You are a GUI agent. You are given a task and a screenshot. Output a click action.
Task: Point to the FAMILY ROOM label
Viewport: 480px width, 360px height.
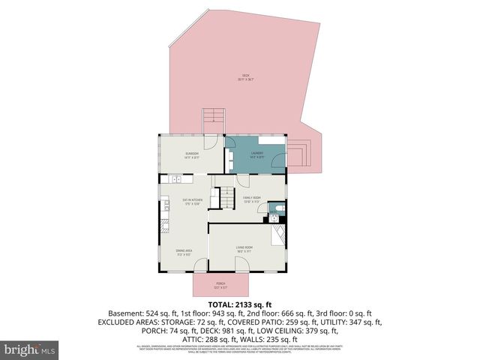coord(251,199)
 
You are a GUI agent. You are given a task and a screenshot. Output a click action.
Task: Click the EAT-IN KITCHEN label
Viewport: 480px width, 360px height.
coord(193,201)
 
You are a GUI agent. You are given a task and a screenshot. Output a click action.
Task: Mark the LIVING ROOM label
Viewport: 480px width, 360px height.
coord(244,248)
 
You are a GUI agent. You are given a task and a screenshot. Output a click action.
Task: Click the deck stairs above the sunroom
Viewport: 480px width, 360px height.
coord(214,118)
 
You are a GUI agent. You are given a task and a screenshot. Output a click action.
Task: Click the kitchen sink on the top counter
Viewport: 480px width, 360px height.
coord(176,178)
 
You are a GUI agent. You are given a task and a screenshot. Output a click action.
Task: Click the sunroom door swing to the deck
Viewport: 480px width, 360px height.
coord(211,142)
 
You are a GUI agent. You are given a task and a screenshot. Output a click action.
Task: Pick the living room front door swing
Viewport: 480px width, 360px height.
coord(241,263)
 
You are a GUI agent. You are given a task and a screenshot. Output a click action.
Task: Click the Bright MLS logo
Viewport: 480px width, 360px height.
coord(30,349)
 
